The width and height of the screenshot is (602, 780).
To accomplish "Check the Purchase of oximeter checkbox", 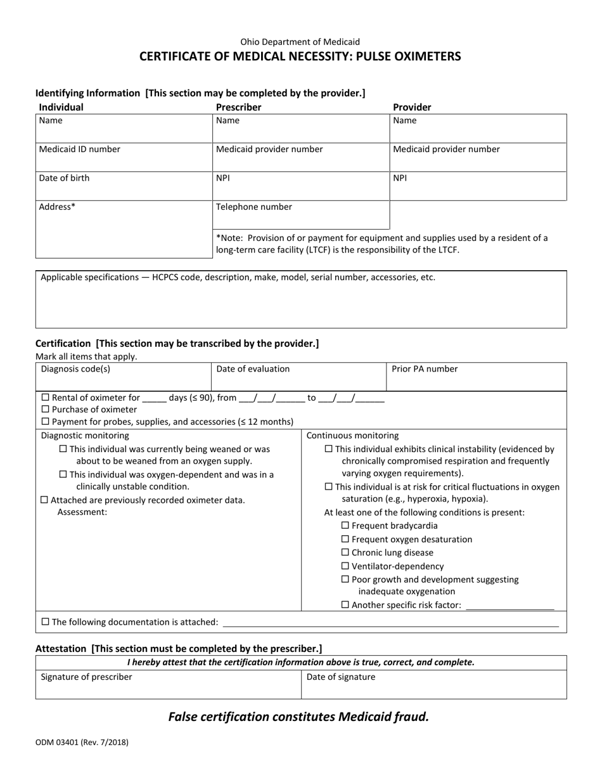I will pyautogui.click(x=45, y=410).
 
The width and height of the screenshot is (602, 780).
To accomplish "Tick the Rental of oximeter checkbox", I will pyautogui.click(x=45, y=398).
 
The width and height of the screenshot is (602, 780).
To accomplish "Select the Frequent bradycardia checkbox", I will pyautogui.click(x=345, y=526).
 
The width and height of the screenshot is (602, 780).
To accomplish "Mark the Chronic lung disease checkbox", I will pyautogui.click(x=345, y=552).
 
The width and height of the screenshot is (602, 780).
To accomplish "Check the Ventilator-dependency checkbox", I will pyautogui.click(x=345, y=566).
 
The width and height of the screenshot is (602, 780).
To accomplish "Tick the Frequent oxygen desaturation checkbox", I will pyautogui.click(x=345, y=539).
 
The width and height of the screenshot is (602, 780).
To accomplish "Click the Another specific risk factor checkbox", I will pyautogui.click(x=345, y=605).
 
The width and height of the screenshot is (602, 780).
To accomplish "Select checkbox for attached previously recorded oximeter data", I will pyautogui.click(x=44, y=500).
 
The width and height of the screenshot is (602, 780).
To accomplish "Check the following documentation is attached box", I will pyautogui.click(x=45, y=622).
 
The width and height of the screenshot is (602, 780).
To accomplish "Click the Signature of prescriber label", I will pyautogui.click(x=86, y=677).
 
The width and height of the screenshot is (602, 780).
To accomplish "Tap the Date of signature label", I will pyautogui.click(x=341, y=677).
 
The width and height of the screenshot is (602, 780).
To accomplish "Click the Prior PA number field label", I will pyautogui.click(x=425, y=369).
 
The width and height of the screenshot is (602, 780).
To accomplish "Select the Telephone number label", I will pyautogui.click(x=254, y=207).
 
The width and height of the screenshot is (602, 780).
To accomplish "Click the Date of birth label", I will pyautogui.click(x=64, y=178).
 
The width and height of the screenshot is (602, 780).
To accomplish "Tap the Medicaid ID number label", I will pyautogui.click(x=79, y=150).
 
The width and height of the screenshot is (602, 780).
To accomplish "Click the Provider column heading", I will pyautogui.click(x=412, y=107).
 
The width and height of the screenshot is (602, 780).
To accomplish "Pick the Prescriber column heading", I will pyautogui.click(x=238, y=107).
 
